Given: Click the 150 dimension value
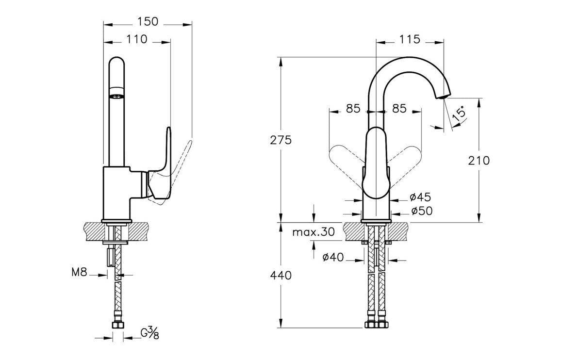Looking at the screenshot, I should tap(148, 22).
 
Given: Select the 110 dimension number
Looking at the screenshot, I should tap(137, 40).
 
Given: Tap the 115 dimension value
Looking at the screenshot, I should tap(410, 40).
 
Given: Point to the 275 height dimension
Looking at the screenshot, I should tap(281, 140).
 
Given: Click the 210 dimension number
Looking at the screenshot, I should tap(479, 160).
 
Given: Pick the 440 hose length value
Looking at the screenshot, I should tap(281, 276).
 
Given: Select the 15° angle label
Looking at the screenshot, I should tap(459, 114).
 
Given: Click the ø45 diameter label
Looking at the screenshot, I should tap(420, 197).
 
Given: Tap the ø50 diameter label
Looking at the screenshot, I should tap(420, 211).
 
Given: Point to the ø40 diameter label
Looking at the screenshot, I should tap(333, 257).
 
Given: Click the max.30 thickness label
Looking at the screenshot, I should tap(313, 232).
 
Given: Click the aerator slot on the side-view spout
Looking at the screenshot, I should tap(115, 96).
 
